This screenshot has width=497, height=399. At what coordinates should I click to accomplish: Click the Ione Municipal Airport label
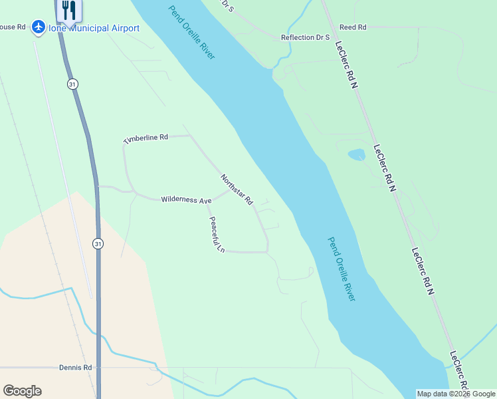click(93, 28)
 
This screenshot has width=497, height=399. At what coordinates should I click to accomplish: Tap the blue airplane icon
click(39, 27)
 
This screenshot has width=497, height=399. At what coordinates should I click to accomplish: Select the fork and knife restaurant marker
click(69, 10)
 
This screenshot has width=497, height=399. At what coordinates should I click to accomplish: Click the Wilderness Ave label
click(186, 199)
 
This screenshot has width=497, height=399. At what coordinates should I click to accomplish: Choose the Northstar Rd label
click(237, 190)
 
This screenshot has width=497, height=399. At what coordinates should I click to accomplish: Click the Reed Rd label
click(353, 27)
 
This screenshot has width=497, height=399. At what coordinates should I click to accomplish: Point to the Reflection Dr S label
click(306, 37)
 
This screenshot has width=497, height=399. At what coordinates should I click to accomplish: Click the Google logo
click(22, 391)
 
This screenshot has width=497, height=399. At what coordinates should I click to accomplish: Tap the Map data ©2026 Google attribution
click(456, 394)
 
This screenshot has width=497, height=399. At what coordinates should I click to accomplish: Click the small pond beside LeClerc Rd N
click(357, 155)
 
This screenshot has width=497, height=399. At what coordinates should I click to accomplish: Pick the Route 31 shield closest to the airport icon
click(71, 84)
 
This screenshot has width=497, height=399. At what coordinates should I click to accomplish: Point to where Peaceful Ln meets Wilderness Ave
click(207, 201)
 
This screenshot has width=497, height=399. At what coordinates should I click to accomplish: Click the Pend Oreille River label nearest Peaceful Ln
click(341, 269)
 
